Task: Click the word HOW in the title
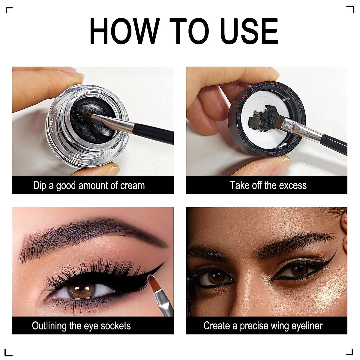click(123, 31)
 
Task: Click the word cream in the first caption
click(132, 185)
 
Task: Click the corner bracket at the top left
click(9, 10)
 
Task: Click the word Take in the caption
click(239, 185)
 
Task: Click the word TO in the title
click(189, 31)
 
